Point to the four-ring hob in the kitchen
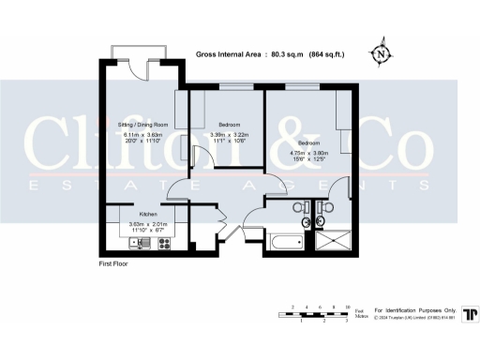point(165,244)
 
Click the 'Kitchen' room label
point(136,215)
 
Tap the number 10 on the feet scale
point(348,307)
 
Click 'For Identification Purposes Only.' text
point(414,309)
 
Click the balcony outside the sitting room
point(138,51)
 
